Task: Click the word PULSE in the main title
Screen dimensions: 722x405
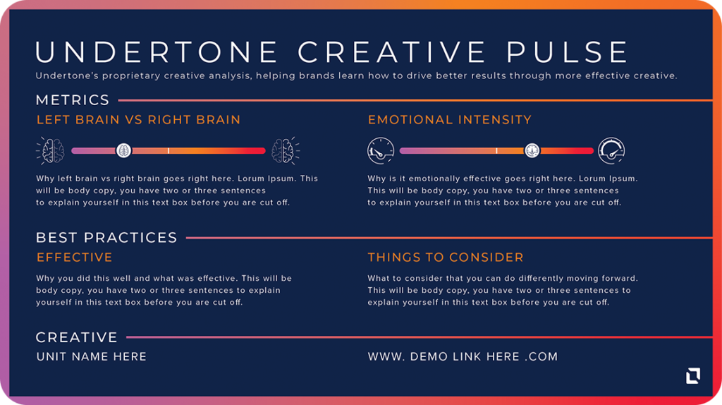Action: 567,52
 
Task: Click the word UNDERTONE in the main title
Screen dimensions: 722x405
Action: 156,52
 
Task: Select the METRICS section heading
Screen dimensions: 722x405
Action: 73,100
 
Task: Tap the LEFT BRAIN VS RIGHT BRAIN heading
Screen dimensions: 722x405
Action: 138,120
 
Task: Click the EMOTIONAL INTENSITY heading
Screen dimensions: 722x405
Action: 449,120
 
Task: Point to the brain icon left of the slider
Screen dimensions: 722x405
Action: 51,151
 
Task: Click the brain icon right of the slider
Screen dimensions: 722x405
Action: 286,151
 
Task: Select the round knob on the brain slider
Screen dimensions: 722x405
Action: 123,151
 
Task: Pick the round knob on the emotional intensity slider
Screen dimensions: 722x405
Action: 532,151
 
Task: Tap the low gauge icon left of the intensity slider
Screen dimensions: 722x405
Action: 381,151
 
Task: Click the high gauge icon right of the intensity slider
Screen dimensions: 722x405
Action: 611,151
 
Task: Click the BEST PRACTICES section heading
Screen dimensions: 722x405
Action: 106,238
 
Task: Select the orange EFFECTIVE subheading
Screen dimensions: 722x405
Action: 75,257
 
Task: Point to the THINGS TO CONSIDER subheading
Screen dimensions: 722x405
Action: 446,257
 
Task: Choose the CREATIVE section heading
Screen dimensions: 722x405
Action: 76,337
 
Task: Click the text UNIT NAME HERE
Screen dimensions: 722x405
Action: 91,356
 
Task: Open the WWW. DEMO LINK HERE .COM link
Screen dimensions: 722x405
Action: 463,356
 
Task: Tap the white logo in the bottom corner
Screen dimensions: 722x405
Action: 693,375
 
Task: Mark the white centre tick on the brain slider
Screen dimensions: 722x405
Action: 169,151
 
